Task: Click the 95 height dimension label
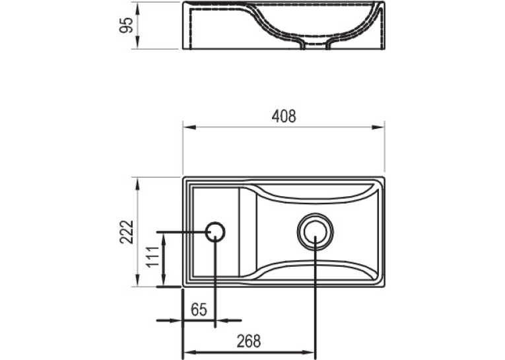pyautogui.click(x=126, y=26)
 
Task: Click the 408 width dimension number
pyautogui.click(x=284, y=116)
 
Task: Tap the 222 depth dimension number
pyautogui.click(x=126, y=232)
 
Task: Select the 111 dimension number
pyautogui.click(x=152, y=256)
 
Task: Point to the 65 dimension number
pyautogui.click(x=199, y=310)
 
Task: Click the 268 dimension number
pyautogui.click(x=249, y=342)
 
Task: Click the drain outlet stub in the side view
pyautogui.click(x=316, y=46)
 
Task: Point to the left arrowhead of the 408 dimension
pyautogui.click(x=189, y=127)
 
